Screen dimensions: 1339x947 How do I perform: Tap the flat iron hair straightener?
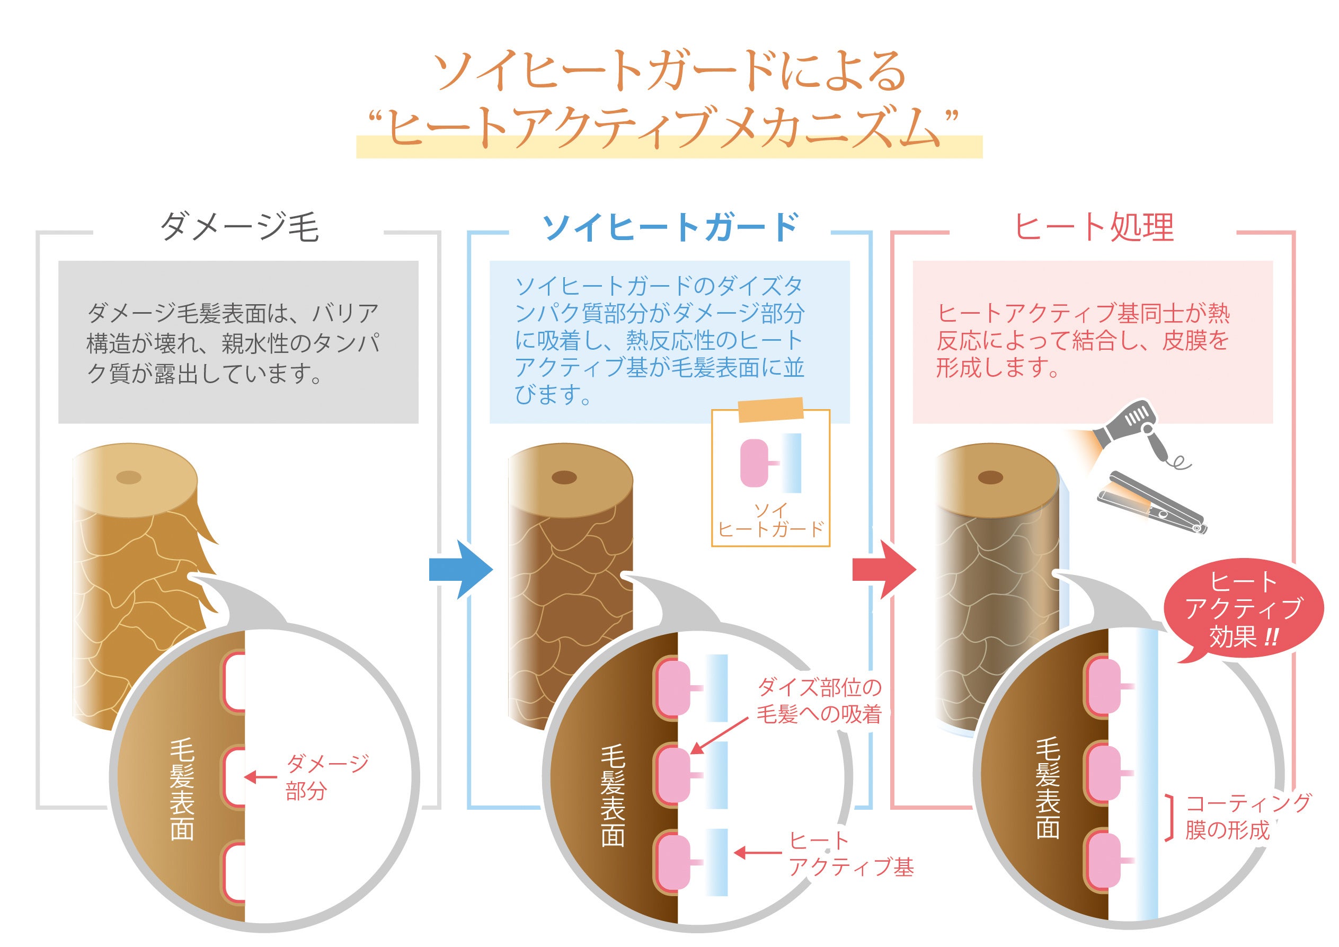[x=1152, y=503]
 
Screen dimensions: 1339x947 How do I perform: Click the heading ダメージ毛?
[x=239, y=227]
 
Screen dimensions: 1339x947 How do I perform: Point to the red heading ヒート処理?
[x=1094, y=227]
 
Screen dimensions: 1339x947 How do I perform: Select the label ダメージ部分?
[x=326, y=777]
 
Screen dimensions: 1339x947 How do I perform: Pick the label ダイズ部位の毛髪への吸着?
[x=819, y=701]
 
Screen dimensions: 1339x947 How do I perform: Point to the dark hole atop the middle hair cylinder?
[x=564, y=477]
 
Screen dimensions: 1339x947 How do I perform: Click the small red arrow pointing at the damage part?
[x=260, y=777]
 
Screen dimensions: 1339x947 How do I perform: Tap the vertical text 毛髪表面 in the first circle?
[x=182, y=790]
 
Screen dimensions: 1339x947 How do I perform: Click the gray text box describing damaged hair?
[x=238, y=342]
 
